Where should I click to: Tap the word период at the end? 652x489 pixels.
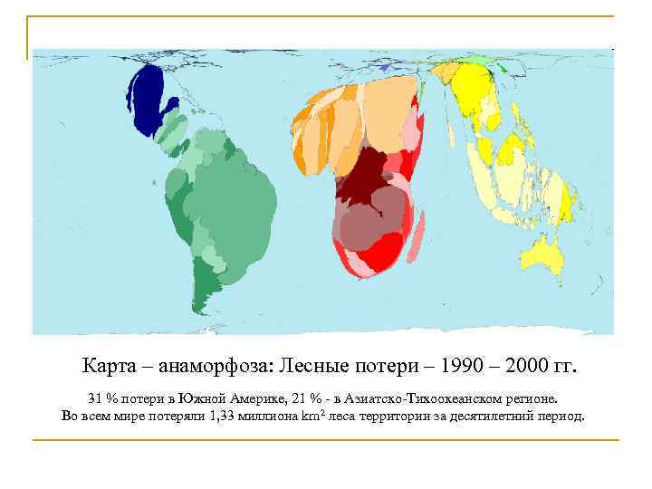pos(562,417)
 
